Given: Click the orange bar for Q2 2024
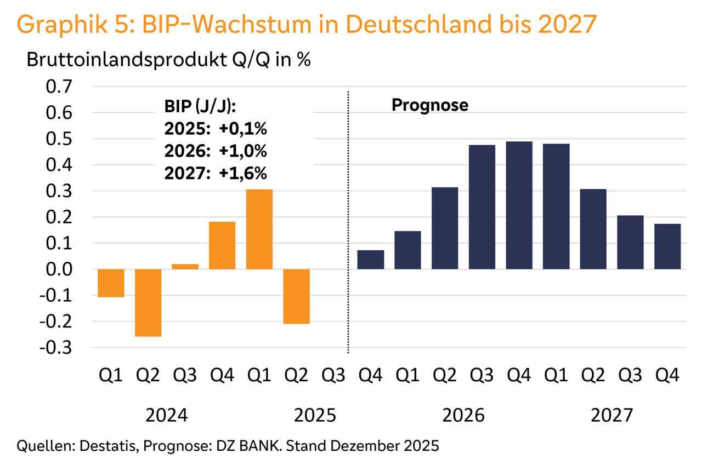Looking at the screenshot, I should pos(148,302).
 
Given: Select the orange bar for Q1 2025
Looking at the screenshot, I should pos(259,229).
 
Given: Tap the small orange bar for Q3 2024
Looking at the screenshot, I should pos(185,267).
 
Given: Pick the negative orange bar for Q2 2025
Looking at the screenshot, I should pos(297,296).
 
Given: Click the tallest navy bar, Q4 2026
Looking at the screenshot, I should pos(519,205).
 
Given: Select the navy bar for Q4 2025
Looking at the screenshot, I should pos(371,260).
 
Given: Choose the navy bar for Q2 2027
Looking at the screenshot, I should pos(593,229).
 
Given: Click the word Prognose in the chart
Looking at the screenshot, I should pos(429,105).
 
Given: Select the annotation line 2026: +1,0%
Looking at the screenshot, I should pos(216,151).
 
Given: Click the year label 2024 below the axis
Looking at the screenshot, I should pos(167,416).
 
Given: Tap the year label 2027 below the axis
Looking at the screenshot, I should pos(612,416).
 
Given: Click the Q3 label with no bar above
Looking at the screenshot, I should pos(333,376).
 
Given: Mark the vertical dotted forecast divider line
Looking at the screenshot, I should pos(348,219).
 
